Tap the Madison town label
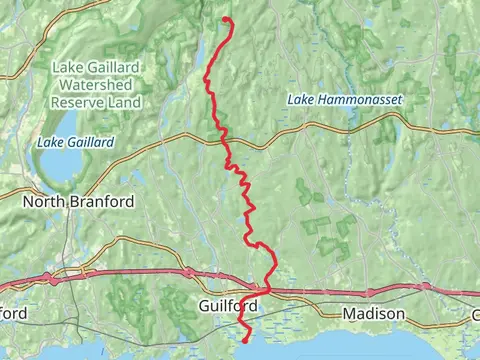click(373, 314)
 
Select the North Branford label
click(78, 201)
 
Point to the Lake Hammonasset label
click(335, 100)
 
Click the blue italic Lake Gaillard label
click(75, 143)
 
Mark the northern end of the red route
click(227, 19)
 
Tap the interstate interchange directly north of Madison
click(370, 293)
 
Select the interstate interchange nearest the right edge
click(425, 286)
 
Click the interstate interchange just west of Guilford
click(187, 271)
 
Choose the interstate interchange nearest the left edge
click(45, 277)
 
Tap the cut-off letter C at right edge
click(475, 314)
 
